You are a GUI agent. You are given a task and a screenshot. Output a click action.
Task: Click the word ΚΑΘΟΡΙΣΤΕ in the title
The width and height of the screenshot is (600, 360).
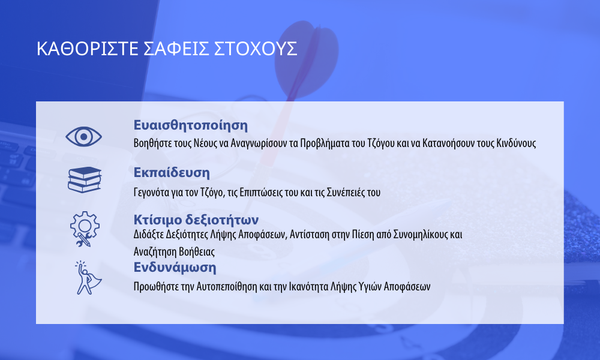point(87,49)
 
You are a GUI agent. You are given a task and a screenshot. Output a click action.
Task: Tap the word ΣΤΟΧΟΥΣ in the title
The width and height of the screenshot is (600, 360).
point(255,49)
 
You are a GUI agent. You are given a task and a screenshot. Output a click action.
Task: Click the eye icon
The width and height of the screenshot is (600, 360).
point(84,137)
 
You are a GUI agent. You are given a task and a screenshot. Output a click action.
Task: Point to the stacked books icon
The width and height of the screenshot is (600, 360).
point(85,180)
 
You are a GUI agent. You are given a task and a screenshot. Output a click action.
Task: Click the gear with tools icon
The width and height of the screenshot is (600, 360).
point(85,229)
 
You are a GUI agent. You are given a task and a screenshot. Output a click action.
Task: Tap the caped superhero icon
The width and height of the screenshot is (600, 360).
point(87,278)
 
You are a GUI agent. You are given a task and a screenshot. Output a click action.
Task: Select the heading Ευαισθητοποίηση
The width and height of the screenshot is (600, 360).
point(191,125)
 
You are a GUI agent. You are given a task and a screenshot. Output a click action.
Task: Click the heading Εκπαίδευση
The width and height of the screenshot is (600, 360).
point(172,173)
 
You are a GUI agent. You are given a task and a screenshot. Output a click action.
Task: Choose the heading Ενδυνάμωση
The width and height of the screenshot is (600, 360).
point(175,268)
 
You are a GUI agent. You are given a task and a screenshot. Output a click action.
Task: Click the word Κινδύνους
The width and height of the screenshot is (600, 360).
point(516,143)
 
